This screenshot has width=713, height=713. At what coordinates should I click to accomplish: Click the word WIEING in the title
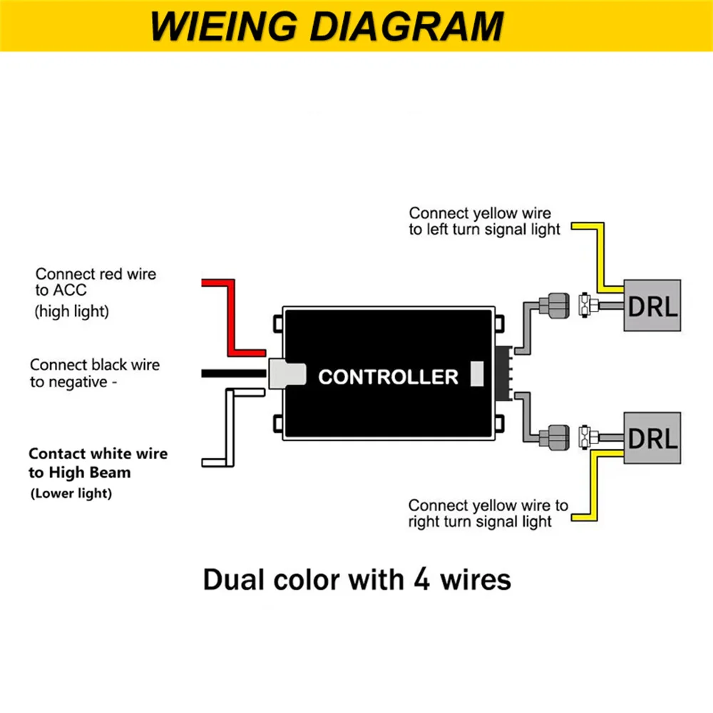coord(224,26)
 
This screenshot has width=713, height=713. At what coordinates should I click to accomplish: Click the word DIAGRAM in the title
coord(407,26)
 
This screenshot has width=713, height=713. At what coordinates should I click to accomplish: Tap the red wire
coord(231,318)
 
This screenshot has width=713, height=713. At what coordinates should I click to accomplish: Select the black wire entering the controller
coord(234,374)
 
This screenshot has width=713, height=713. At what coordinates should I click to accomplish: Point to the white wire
coord(230,427)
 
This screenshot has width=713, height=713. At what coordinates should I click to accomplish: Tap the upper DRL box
coord(652,306)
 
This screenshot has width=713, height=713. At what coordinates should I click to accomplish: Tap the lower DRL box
coord(652,438)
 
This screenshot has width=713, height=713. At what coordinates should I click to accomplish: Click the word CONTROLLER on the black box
coord(389,377)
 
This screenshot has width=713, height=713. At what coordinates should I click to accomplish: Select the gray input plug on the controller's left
coord(287,374)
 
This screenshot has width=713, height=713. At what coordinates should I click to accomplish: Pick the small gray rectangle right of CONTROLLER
coord(477,374)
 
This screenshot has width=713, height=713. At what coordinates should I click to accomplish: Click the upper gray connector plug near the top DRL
coord(554,306)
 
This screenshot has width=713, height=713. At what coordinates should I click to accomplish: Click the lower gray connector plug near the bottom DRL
coord(554,438)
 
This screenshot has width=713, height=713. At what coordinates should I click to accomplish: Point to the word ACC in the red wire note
coord(70,290)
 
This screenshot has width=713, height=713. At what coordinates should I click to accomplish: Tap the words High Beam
coord(90,473)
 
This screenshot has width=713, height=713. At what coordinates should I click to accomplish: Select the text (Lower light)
coord(71,493)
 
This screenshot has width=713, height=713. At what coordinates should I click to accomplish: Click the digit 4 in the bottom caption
coord(422,579)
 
